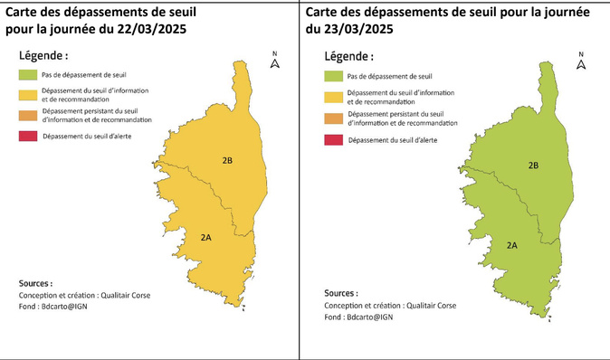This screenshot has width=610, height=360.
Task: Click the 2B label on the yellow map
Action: pyautogui.click(x=227, y=160)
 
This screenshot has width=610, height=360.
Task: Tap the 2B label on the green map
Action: pyautogui.click(x=534, y=166)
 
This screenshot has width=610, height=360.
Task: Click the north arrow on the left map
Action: pyautogui.click(x=275, y=61)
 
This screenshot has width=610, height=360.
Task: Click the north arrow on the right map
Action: pyautogui.click(x=581, y=61)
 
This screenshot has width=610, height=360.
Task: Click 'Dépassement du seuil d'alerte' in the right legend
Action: pyautogui.click(x=392, y=139)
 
